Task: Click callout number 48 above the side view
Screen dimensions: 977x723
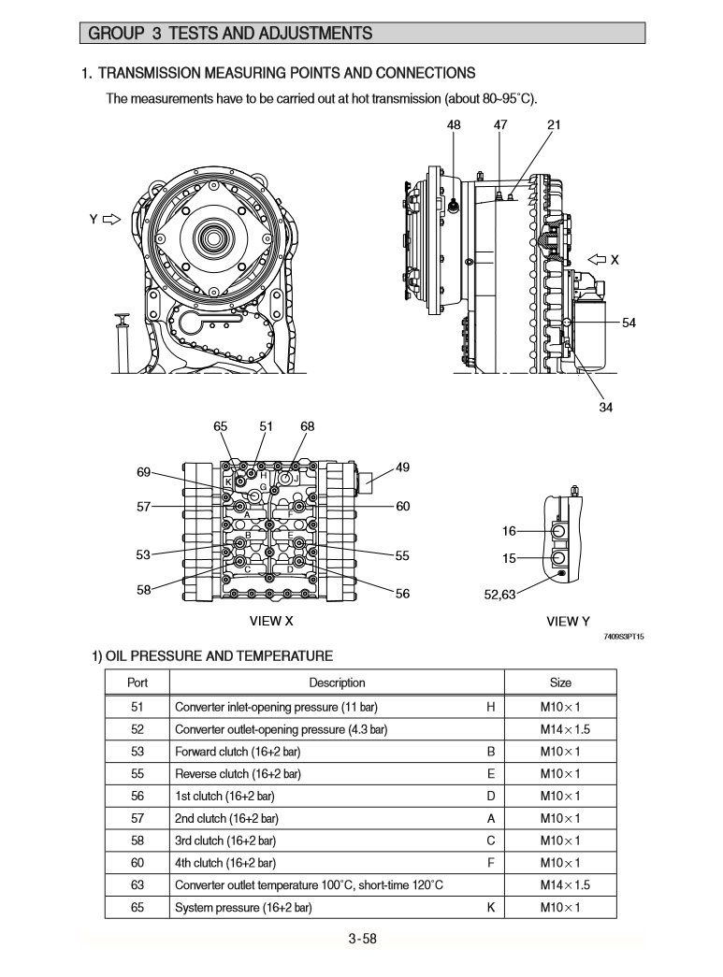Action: click(454, 124)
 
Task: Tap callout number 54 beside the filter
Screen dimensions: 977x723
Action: click(629, 323)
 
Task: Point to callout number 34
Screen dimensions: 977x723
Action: click(605, 407)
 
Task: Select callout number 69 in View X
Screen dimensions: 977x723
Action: click(143, 472)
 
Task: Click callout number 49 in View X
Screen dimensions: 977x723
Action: click(402, 467)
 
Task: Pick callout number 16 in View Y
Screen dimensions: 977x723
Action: click(509, 531)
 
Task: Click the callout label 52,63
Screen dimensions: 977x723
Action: click(500, 595)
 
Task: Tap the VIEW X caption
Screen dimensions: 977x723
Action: click(271, 621)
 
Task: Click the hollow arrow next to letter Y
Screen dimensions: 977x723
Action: click(112, 220)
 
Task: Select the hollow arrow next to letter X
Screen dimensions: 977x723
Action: click(596, 259)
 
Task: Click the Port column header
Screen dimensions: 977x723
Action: click(137, 683)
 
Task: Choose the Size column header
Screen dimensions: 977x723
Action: click(560, 683)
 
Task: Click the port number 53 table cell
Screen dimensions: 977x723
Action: click(137, 752)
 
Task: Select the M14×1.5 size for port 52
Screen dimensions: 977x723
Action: click(560, 729)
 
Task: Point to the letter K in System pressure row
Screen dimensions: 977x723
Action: click(491, 908)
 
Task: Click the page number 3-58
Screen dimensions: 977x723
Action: click(362, 940)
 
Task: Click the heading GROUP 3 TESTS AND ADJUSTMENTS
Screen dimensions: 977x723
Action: click(230, 34)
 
